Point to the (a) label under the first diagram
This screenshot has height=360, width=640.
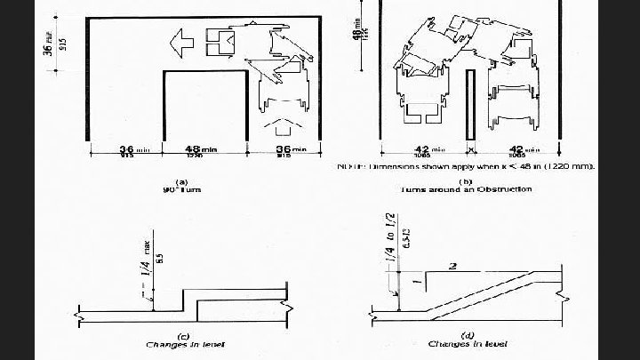coord(181,181)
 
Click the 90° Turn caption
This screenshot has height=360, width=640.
coord(181,189)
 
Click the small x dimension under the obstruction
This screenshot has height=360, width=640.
coord(468,151)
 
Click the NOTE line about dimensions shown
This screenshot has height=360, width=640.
coord(466,166)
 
